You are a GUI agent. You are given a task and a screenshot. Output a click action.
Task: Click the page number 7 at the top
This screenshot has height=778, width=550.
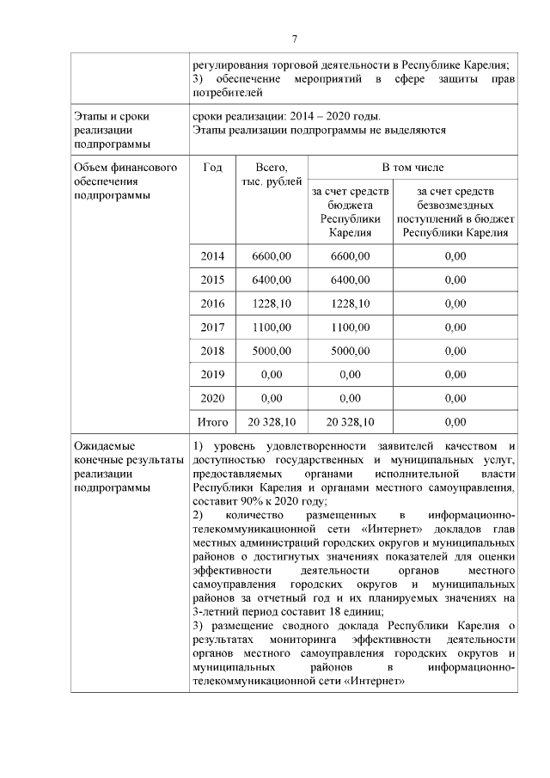[294, 40]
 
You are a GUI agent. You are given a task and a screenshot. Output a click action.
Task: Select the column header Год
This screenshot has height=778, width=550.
[212, 167]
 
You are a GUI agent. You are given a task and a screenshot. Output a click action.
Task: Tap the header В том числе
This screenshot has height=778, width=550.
[413, 167]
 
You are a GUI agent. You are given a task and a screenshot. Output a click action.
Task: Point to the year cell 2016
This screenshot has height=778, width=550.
[212, 303]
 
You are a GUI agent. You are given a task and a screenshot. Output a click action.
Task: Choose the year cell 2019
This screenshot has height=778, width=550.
[212, 375]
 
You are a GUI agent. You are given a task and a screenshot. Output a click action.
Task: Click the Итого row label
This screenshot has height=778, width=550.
[212, 422]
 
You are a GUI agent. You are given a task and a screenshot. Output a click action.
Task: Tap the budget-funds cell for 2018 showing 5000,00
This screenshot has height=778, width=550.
[350, 351]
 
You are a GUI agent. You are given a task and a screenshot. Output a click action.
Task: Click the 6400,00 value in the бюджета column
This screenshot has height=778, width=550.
[350, 280]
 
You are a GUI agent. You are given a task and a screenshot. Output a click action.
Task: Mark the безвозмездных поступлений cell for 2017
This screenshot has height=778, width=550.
[455, 328]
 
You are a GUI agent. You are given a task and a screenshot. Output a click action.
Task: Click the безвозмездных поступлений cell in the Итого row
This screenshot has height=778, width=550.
[455, 422]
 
